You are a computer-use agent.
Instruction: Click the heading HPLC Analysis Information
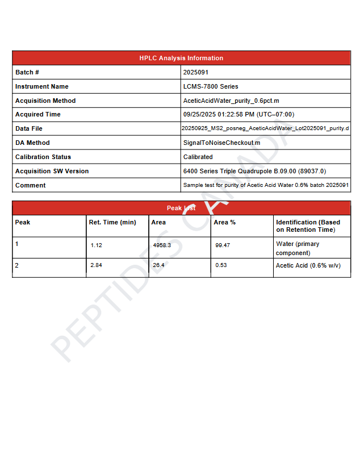(181, 58)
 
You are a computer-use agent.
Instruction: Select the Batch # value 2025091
(195, 72)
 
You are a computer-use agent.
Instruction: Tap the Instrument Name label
(41, 86)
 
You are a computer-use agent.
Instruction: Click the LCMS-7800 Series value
(211, 86)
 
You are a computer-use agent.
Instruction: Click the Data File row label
(28, 128)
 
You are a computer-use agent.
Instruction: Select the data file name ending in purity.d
(265, 128)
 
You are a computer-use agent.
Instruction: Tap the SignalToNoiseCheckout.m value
(221, 143)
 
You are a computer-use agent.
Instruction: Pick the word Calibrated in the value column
(198, 157)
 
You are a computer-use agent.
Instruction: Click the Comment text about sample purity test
(266, 185)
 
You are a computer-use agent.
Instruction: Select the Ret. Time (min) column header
(112, 222)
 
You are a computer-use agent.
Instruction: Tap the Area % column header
(224, 222)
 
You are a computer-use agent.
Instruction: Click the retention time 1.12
(96, 245)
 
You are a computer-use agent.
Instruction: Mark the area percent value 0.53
(221, 265)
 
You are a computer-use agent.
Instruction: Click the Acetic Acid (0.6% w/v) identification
(308, 265)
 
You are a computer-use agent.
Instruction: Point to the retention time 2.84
(96, 265)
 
